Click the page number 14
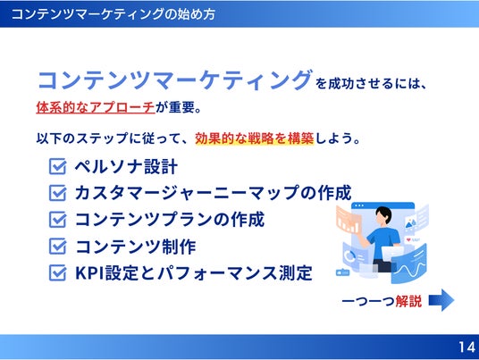pyautogui.click(x=466, y=347)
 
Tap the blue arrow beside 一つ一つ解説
pyautogui.click(x=441, y=300)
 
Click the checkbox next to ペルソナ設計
pyautogui.click(x=57, y=166)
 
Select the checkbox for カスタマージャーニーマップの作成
pyautogui.click(x=57, y=193)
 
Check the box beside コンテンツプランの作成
pyautogui.click(x=57, y=220)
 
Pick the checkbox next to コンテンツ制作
pyautogui.click(x=57, y=247)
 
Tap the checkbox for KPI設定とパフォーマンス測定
pyautogui.click(x=57, y=272)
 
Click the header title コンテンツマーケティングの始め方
pyautogui.click(x=113, y=14)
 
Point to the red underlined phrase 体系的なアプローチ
pyautogui.click(x=96, y=107)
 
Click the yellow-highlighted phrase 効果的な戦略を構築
pyautogui.click(x=254, y=138)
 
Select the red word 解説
pyautogui.click(x=408, y=301)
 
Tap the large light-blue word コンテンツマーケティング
pyautogui.click(x=175, y=80)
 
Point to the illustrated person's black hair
pyautogui.click(x=384, y=213)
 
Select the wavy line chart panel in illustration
pyautogui.click(x=409, y=265)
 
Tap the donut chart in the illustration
pyautogui.click(x=349, y=256)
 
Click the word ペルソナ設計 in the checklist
pyautogui.click(x=126, y=167)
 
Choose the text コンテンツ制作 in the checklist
pyautogui.click(x=135, y=247)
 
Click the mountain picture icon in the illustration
pyautogui.click(x=410, y=224)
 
